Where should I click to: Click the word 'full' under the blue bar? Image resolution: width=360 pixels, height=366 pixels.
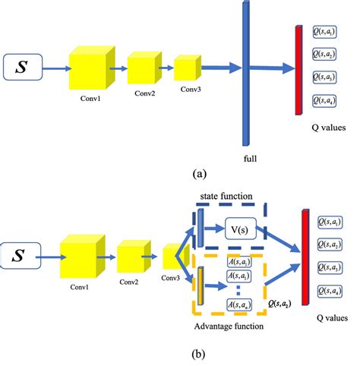click(x=250, y=158)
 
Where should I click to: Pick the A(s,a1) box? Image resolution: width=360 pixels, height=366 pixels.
click(x=240, y=263)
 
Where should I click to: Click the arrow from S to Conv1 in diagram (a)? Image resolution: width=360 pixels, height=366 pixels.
click(x=55, y=68)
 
